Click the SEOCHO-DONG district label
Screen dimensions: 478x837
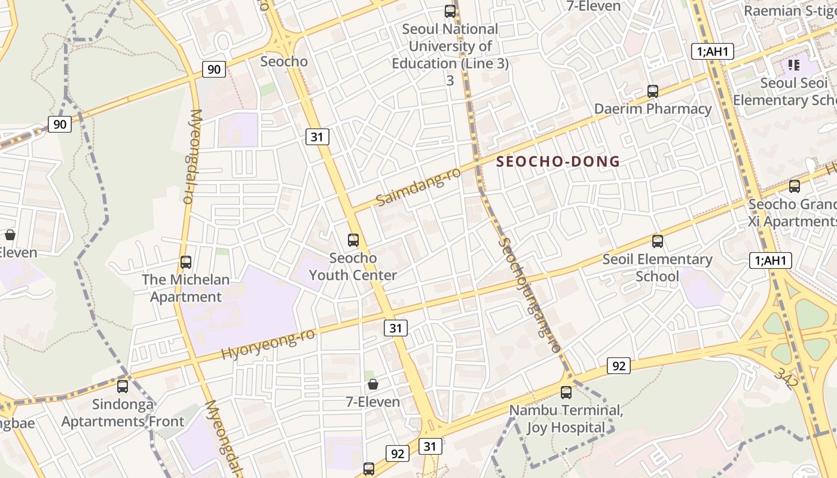[558, 161]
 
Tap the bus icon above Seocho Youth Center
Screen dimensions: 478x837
[353, 240]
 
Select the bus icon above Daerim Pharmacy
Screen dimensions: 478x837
[653, 91]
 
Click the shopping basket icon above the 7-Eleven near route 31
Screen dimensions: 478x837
[373, 384]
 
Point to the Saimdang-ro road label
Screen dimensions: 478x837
[418, 186]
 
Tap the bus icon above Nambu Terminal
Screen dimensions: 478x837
[566, 393]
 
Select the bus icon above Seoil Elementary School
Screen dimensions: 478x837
[658, 241]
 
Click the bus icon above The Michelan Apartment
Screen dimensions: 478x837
[186, 262]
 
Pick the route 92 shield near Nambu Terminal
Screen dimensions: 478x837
[618, 365]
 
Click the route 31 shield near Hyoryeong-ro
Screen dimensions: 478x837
[395, 327]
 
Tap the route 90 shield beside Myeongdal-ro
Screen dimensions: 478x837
[213, 69]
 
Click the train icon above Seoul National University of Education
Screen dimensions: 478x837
[450, 11]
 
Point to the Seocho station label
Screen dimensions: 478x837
[284, 62]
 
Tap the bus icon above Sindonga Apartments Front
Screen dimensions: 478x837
[123, 386]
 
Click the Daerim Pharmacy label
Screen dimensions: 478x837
[653, 109]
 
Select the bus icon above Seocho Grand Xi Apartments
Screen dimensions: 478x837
[794, 186]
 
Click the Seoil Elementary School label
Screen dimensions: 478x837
[657, 268]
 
